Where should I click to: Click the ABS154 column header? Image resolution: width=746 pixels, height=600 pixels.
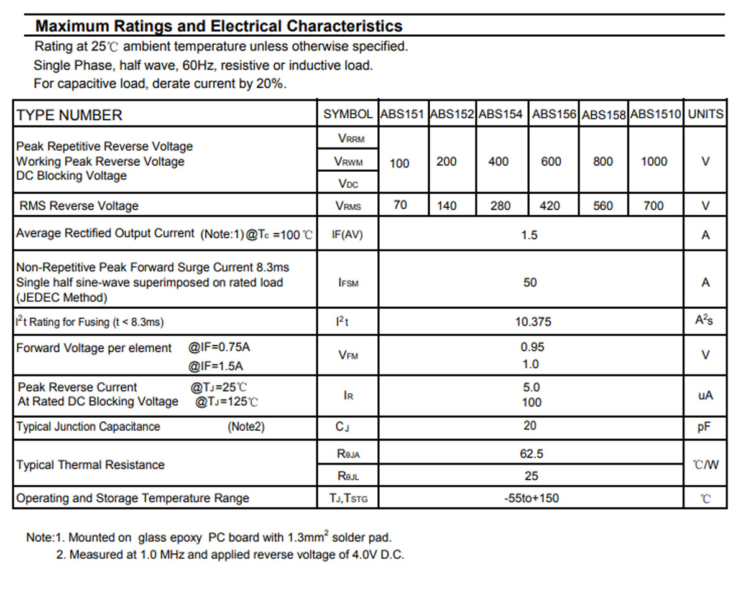500,114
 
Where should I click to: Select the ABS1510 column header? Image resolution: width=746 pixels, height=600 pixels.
655,114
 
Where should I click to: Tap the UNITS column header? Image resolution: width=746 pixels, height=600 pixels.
706,114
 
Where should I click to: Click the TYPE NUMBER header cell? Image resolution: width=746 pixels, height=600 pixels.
70,115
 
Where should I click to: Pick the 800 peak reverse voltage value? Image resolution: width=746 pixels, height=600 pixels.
603,161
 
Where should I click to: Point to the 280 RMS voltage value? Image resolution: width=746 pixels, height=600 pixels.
500,206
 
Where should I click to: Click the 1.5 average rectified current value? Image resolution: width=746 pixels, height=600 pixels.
529,235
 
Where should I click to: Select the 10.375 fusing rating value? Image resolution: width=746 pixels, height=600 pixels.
533,322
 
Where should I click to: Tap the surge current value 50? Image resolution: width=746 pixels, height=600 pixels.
530,283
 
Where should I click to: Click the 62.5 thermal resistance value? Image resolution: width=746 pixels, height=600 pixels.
532,454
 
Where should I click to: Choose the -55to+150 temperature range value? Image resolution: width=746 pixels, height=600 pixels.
532,498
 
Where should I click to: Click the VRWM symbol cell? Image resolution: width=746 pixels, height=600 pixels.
348,161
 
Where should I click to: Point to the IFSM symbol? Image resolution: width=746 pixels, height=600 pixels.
348,283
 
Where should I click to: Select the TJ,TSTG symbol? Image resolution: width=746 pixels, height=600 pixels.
348,499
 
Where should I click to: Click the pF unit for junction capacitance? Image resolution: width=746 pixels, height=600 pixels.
704,427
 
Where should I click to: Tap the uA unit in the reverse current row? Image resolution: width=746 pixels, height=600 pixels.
706,395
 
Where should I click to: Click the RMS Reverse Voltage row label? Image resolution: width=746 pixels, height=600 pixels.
79,206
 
